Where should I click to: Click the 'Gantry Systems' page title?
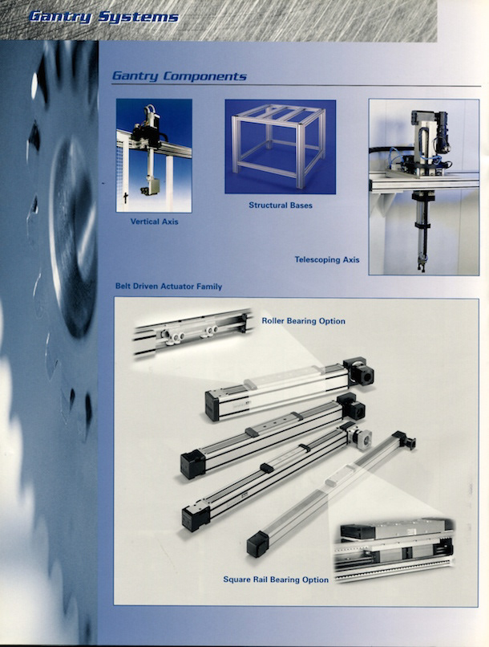pyautogui.click(x=104, y=17)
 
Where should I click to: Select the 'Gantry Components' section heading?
pyautogui.click(x=180, y=76)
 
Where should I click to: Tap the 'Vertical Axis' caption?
pyautogui.click(x=155, y=222)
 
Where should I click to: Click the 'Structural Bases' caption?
pyautogui.click(x=281, y=205)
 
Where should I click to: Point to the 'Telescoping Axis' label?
pyautogui.click(x=327, y=260)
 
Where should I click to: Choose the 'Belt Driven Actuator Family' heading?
pyautogui.click(x=168, y=287)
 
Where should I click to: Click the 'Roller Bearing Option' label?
pyautogui.click(x=304, y=321)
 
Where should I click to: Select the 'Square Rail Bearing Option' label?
pyautogui.click(x=276, y=580)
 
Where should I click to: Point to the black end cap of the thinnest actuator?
pyautogui.click(x=258, y=543)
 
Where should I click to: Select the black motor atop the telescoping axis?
pyautogui.click(x=442, y=132)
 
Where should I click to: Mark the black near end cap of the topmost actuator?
pyautogui.click(x=212, y=406)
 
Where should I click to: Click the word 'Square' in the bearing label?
pyautogui.click(x=236, y=580)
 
